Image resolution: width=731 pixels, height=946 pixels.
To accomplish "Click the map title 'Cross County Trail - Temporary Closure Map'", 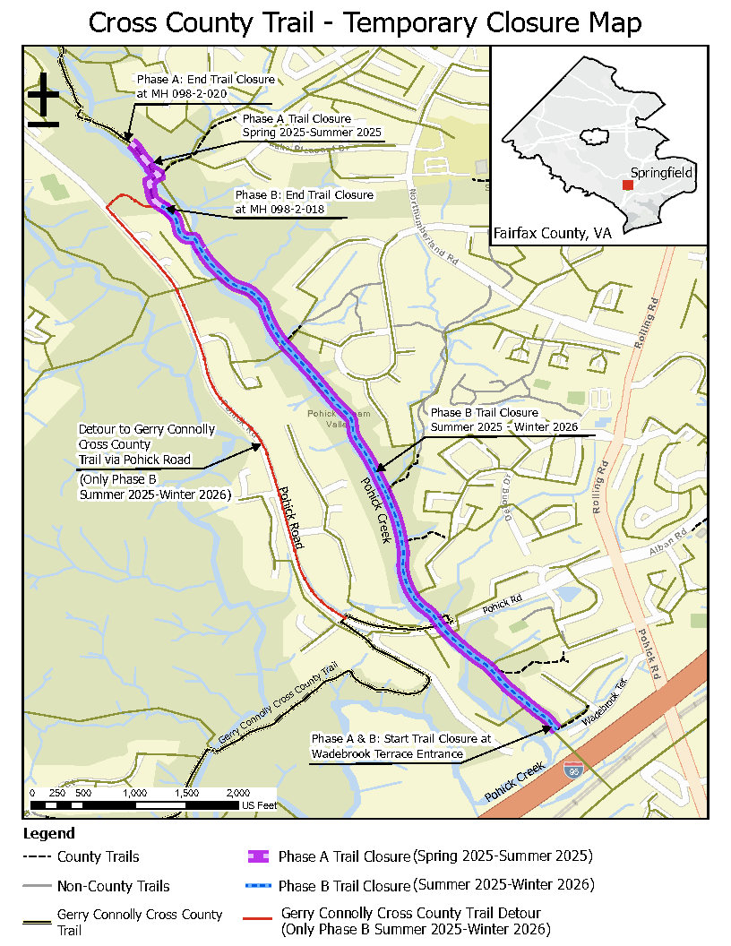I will [x=365, y=22].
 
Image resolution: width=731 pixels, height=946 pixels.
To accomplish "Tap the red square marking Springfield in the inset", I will [x=628, y=184].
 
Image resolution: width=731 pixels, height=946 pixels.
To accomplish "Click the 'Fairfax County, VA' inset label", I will [x=552, y=233].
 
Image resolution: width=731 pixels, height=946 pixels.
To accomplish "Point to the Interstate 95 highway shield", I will [x=571, y=770].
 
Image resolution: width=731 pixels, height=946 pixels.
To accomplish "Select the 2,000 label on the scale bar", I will [x=237, y=794].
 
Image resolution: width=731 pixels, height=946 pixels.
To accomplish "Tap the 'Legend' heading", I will [x=48, y=834].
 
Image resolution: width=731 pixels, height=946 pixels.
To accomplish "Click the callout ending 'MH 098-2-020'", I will [x=205, y=86].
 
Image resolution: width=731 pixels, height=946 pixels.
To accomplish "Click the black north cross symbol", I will [x=43, y=101].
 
